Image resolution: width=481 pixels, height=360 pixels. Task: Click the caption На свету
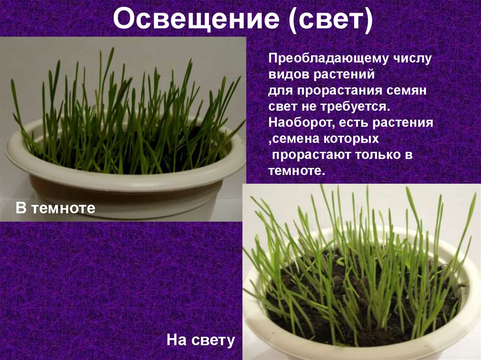[201, 340]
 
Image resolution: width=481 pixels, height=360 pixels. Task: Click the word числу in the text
[411, 59]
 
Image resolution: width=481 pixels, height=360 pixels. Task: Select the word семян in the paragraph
[405, 91]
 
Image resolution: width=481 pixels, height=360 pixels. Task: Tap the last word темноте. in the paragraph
[296, 171]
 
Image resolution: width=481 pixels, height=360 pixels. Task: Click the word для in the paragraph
[278, 91]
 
